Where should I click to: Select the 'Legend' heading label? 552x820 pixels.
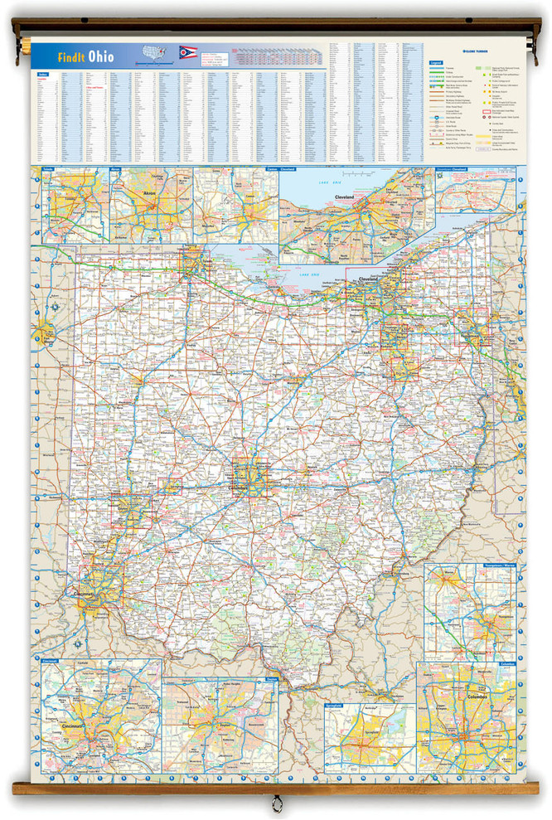(435, 62)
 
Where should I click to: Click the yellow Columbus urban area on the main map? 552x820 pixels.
(249, 478)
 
